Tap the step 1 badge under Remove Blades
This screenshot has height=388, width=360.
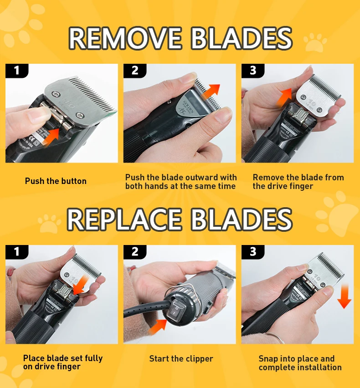coord(17,71)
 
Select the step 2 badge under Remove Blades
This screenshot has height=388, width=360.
coord(135,71)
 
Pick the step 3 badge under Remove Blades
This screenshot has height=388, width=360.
coord(253,71)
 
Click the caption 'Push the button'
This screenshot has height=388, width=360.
coord(56,181)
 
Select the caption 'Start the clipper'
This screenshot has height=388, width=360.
coord(181,359)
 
